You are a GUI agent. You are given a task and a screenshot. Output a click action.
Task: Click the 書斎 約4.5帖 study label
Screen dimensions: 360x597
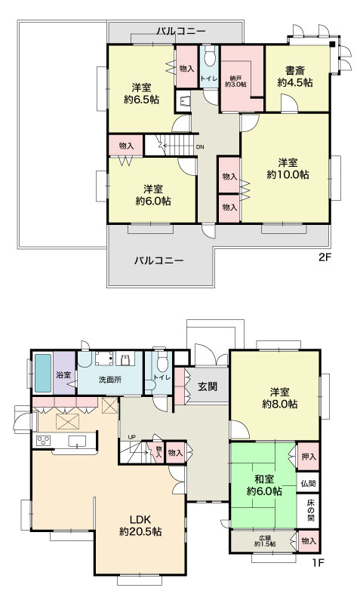pyautogui.click(x=295, y=76)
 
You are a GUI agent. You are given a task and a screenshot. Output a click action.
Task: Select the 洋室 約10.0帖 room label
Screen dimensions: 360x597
pyautogui.click(x=288, y=168)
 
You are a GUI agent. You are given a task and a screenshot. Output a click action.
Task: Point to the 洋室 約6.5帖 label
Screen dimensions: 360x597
pyautogui.click(x=141, y=94)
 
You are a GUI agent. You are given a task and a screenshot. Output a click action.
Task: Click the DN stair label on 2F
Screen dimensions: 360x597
pyautogui.click(x=200, y=147)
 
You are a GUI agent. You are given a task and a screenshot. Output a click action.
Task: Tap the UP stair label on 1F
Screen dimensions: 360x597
pyautogui.click(x=131, y=437)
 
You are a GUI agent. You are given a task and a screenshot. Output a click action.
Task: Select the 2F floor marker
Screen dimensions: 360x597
pyautogui.click(x=325, y=257)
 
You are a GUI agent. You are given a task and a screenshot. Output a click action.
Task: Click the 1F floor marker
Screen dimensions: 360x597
pyautogui.click(x=318, y=562)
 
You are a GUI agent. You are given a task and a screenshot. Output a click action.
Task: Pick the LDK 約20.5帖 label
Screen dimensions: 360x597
pyautogui.click(x=140, y=525)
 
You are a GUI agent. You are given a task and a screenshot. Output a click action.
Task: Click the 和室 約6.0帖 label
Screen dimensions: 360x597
pyautogui.click(x=264, y=485)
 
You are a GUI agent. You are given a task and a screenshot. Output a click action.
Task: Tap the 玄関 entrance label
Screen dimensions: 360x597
pyautogui.click(x=208, y=386)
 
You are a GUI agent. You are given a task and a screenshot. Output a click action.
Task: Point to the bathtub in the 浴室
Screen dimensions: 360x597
pyautogui.click(x=42, y=373)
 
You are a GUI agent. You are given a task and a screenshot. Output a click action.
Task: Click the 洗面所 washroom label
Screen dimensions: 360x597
pyautogui.click(x=110, y=380)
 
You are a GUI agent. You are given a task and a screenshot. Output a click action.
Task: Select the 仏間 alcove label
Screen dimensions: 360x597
pyautogui.click(x=308, y=484)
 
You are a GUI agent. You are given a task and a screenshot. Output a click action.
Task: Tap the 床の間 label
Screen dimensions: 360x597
pyautogui.click(x=310, y=509)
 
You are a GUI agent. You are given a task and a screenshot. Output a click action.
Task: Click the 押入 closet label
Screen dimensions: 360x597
pyautogui.click(x=309, y=456)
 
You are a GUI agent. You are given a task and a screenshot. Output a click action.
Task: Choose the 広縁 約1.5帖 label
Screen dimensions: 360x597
pyautogui.click(x=265, y=541)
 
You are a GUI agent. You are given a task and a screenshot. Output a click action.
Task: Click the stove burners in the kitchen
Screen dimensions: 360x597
pyautogui.click(x=42, y=441)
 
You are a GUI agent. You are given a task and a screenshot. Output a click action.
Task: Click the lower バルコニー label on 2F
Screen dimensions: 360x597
pyautogui.click(x=158, y=260)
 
